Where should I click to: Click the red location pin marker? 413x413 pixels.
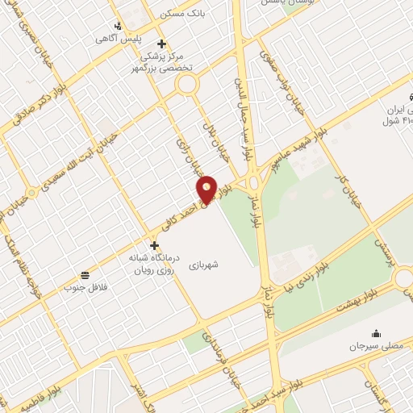(x=207, y=190)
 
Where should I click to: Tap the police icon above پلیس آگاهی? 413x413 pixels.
(x=119, y=26)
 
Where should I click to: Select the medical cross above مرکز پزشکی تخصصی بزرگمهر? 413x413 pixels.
(x=161, y=44)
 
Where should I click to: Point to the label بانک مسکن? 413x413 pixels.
(x=185, y=14)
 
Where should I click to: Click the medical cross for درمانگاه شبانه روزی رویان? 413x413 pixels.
(x=154, y=244)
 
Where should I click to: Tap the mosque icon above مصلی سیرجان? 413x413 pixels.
(x=375, y=333)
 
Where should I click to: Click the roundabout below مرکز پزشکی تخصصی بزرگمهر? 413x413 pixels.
(x=187, y=83)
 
